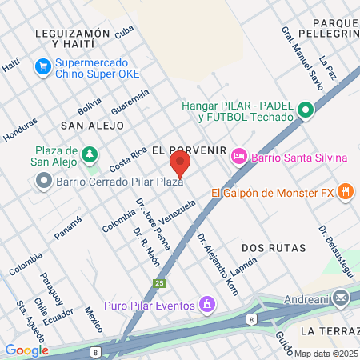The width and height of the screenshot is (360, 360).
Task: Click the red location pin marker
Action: [180, 165]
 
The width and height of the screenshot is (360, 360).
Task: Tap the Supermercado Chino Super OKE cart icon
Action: [42, 68]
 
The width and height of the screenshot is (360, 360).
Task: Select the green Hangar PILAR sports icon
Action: [305, 111]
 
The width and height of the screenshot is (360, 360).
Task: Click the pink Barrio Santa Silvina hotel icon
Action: [238, 158]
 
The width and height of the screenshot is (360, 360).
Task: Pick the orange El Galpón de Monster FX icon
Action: [346, 191]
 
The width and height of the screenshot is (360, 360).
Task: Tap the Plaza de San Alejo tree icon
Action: [91, 153]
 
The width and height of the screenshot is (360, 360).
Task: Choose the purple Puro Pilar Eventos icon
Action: [208, 305]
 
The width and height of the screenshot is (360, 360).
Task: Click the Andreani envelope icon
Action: [342, 299]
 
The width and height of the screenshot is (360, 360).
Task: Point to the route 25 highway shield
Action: [160, 283]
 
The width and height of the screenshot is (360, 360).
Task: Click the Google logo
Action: [26, 350]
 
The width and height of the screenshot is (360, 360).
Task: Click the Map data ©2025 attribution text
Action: [326, 354]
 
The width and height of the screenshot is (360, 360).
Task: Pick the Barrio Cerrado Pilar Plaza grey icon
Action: [42, 182]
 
